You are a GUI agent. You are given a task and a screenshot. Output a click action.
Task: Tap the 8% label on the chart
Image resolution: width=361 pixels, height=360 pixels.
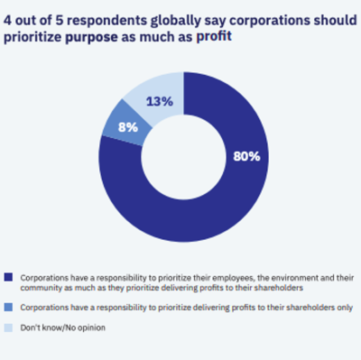[128, 127]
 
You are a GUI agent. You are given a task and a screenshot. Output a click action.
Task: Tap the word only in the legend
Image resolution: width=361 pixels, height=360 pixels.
[341, 308]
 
